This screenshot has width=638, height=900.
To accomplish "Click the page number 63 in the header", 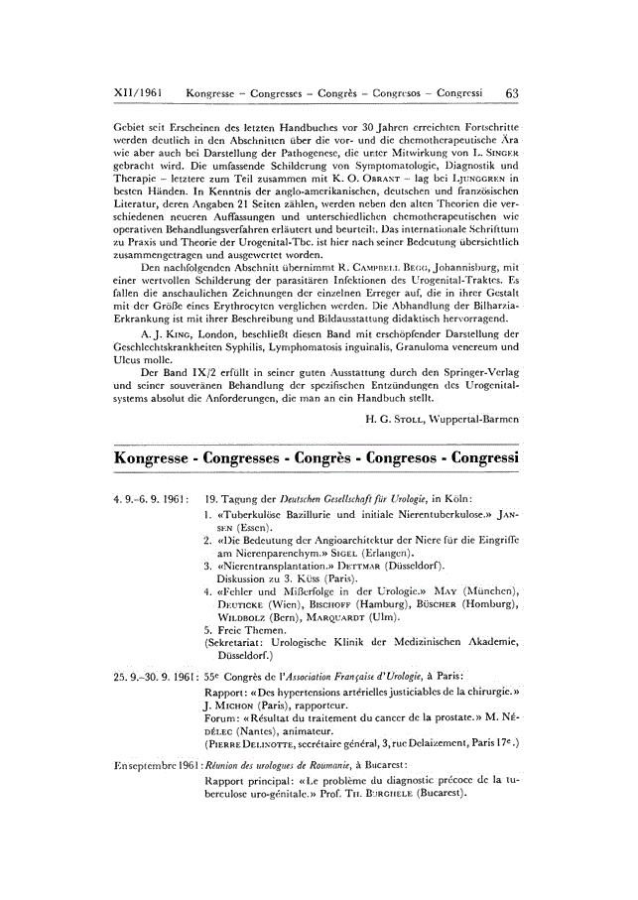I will coord(512,92).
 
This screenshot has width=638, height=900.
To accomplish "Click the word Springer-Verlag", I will coord(475,370).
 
